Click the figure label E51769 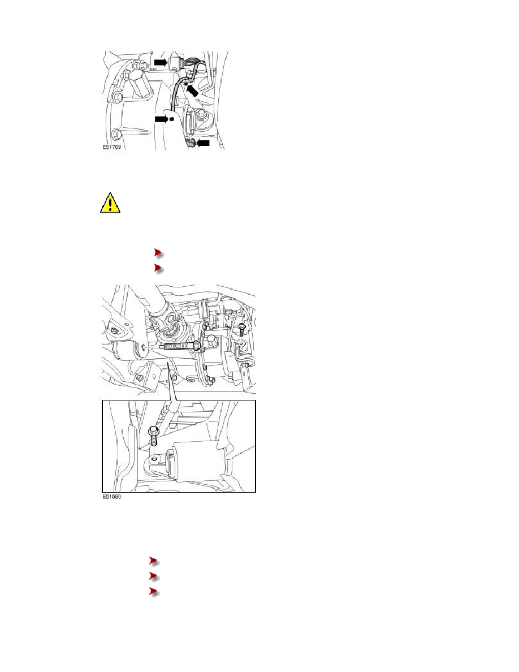(112, 147)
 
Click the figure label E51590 (112, 497)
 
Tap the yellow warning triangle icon (110, 203)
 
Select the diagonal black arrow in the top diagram (193, 90)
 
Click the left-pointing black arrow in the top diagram (204, 143)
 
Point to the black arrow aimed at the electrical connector (161, 63)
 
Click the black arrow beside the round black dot (161, 119)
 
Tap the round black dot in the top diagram (172, 119)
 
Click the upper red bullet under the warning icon (158, 253)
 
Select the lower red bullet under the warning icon (158, 268)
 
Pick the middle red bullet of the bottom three (154, 576)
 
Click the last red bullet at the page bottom (154, 592)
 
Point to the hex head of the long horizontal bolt (197, 346)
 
